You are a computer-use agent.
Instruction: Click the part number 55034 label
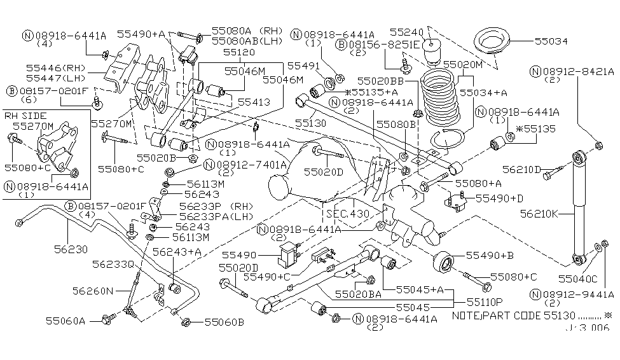point(551,41)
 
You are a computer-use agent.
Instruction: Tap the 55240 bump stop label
point(406,31)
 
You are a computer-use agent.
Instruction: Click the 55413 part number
point(254,101)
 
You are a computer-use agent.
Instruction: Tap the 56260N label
point(92,291)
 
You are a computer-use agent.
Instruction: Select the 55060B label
point(224,322)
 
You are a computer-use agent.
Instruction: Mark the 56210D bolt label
point(521,170)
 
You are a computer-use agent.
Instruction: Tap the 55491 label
point(302,66)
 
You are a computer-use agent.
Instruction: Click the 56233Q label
point(114,263)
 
